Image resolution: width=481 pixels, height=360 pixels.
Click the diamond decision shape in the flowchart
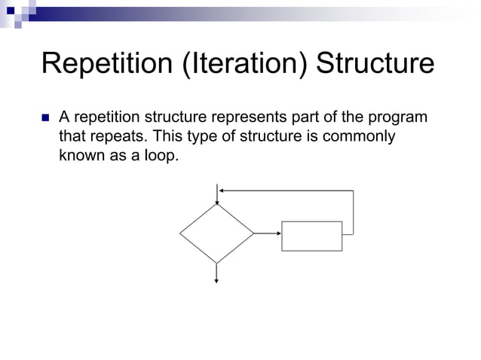point(217,233)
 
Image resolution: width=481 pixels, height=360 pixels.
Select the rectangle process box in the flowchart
point(311,236)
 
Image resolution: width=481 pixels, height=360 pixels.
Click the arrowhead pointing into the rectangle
point(277,233)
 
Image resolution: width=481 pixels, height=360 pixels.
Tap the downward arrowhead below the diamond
point(217,279)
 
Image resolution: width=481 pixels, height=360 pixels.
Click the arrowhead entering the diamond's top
point(217,201)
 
